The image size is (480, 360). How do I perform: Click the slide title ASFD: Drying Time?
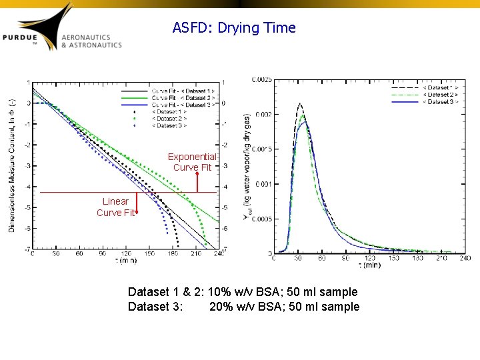tap(233, 28)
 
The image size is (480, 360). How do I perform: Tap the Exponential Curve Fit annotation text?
tap(192, 162)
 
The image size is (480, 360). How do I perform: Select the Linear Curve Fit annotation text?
tap(115, 207)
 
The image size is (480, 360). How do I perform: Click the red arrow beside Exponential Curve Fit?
tap(197, 181)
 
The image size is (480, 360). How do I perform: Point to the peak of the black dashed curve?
tap(300, 103)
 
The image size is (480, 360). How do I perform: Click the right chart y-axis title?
tap(247, 167)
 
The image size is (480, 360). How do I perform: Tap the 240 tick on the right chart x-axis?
tap(465, 257)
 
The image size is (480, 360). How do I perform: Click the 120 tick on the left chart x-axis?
tap(125, 254)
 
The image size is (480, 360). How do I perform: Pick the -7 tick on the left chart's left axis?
tap(27, 249)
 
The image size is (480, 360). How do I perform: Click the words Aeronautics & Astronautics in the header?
tap(91, 41)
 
